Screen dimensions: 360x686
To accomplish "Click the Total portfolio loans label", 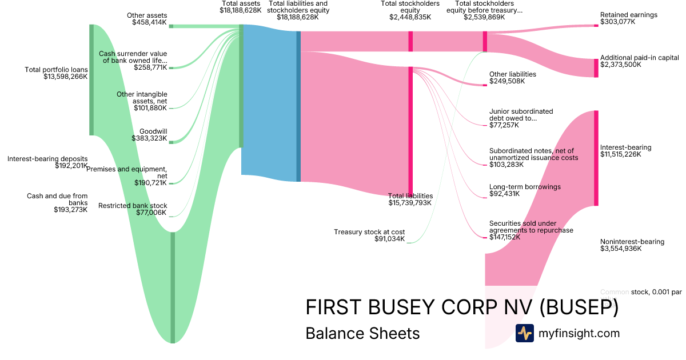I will pos(56,70).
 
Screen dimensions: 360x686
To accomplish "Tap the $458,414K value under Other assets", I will pos(149,23).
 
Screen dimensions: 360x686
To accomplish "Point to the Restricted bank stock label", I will pos(133,206).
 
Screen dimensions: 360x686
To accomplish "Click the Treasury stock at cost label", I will pos(369,232).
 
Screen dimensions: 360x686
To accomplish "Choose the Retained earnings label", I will pos(629,15).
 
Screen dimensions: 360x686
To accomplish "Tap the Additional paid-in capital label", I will pos(639,58).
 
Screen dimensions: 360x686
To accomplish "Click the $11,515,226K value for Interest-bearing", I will pos(621,154).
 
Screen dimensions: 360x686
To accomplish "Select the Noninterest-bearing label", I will pos(632,242).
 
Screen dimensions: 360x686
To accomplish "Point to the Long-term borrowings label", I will pos(525,187).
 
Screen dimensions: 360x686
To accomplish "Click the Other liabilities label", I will pos(512,74).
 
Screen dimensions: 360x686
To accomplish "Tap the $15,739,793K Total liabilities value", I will pos(410,203).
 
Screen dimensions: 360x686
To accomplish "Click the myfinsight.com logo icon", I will pos(524,333).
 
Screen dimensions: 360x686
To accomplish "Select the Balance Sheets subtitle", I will pos(362,333).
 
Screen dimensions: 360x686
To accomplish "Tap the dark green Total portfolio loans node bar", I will pos(91,80).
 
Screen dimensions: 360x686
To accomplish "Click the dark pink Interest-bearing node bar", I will pos(596,158).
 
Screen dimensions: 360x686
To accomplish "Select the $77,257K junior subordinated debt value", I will pos(504,125).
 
